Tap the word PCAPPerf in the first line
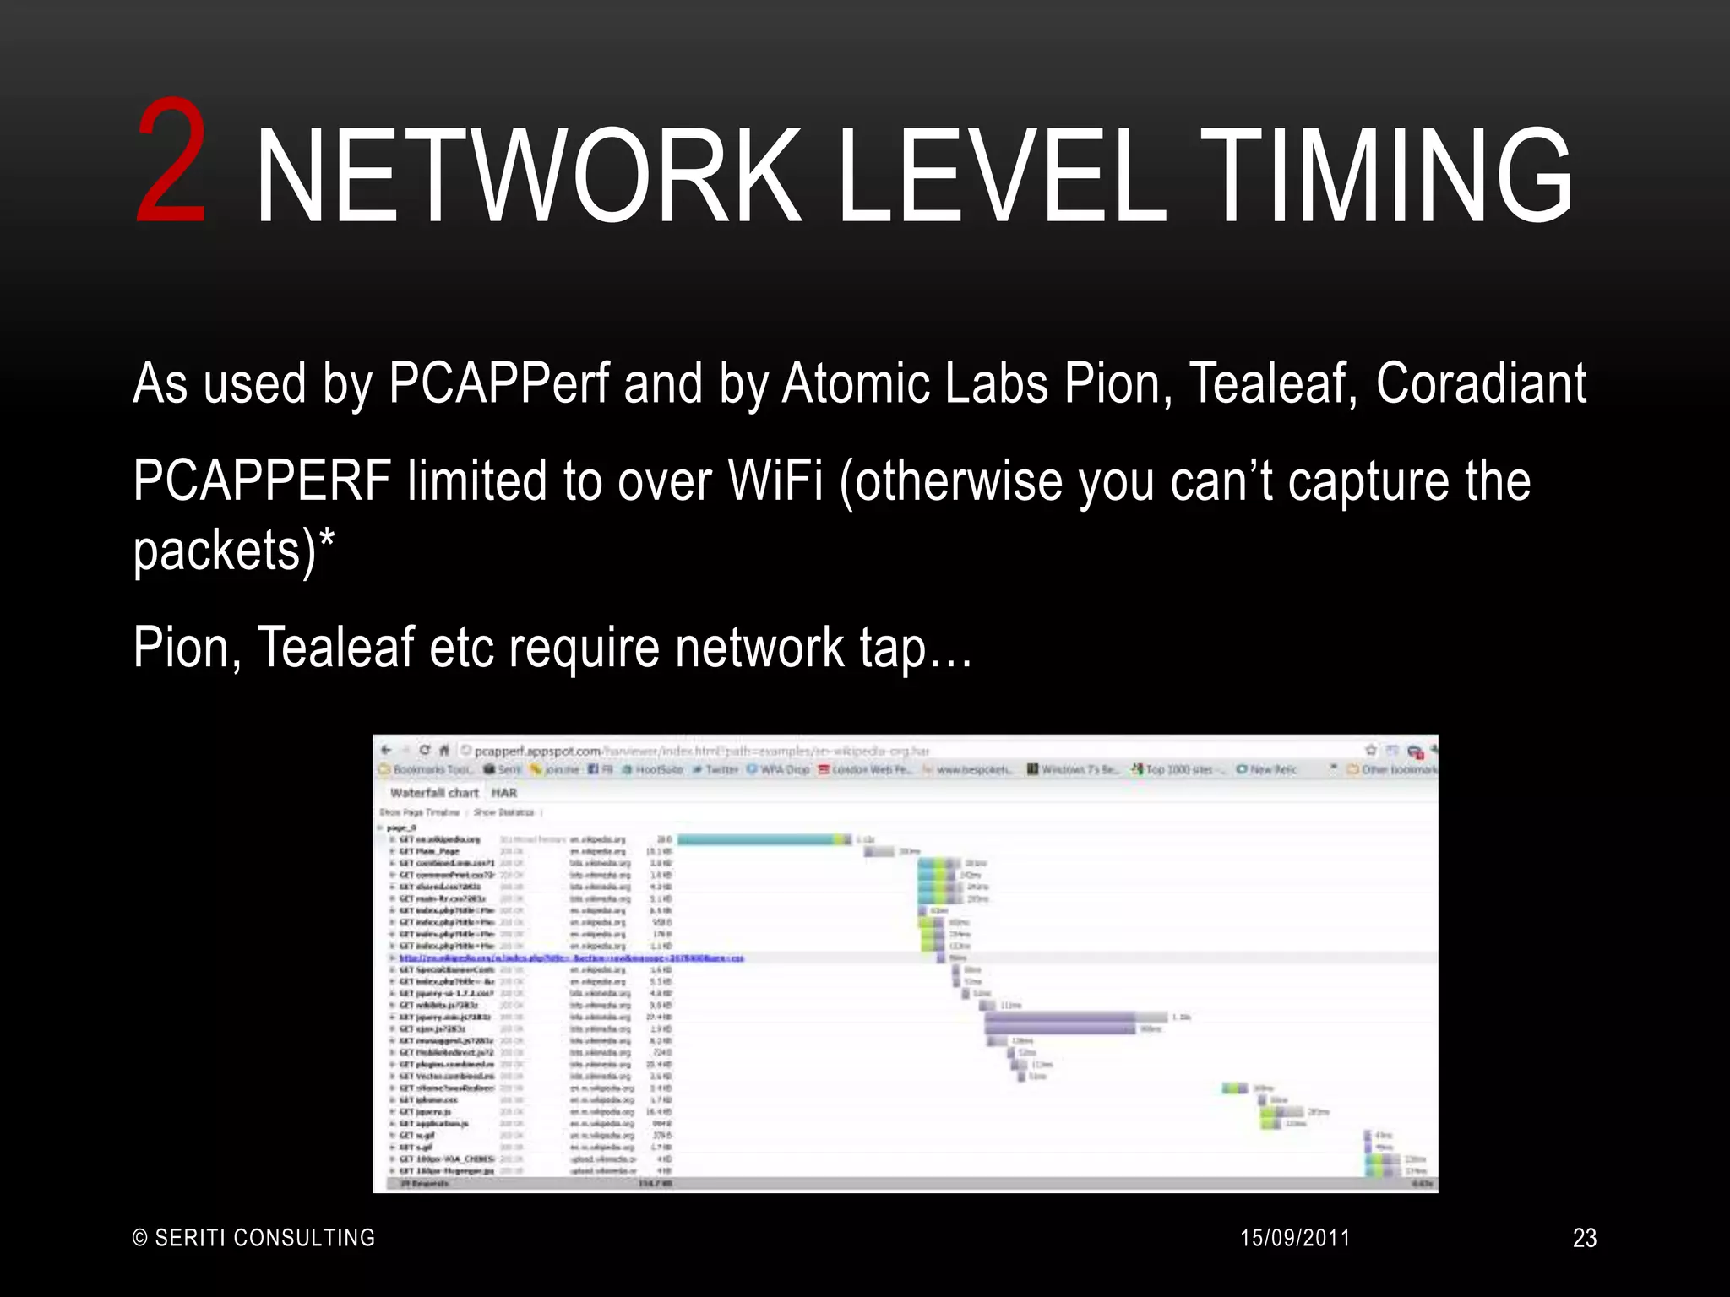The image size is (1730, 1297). pos(498,384)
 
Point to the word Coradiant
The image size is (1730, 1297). pos(1481,384)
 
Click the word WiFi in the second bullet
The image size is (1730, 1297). pos(775,481)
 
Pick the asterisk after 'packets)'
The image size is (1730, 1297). pos(327,540)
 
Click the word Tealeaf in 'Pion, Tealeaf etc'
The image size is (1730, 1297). pos(335,648)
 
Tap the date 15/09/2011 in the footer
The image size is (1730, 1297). pos(1295,1238)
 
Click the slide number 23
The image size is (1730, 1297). pos(1584,1238)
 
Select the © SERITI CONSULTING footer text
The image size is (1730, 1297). pos(254,1238)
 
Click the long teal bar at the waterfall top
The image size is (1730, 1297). pos(757,839)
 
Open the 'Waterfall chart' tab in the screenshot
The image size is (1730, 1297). pos(434,793)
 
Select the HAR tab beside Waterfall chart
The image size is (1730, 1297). pos(504,793)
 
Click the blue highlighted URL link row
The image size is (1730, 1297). pos(571,958)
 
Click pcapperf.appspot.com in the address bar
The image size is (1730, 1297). pos(538,751)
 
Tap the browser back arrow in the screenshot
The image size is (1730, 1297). pos(387,750)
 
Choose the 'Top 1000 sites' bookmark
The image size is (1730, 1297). pos(1177,769)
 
